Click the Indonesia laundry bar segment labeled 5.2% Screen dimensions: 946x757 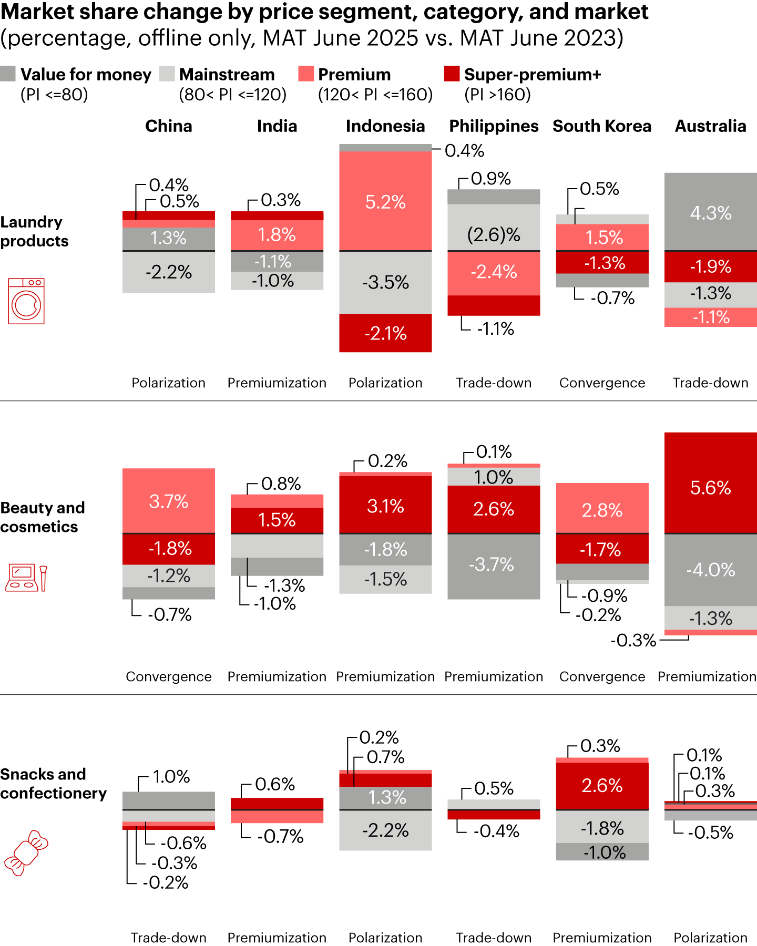385,201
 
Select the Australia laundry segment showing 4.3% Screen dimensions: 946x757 710,212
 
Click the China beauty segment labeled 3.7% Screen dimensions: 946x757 169,501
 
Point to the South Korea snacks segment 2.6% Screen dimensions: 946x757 602,786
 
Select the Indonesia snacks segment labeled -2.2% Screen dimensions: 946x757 385,830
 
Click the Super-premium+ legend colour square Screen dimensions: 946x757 452,74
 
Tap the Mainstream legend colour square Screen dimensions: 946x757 167,74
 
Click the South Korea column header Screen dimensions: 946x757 602,126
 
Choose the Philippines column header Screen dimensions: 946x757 494,126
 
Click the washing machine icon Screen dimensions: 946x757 26,301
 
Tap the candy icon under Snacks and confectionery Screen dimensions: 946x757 26,852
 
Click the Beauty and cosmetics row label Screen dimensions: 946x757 42,517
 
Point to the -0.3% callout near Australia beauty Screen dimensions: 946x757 633,640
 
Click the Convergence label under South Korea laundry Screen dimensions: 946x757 602,383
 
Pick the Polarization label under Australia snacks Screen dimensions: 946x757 710,938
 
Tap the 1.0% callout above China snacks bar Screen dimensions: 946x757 171,777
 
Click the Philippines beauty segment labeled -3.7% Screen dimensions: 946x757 494,565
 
